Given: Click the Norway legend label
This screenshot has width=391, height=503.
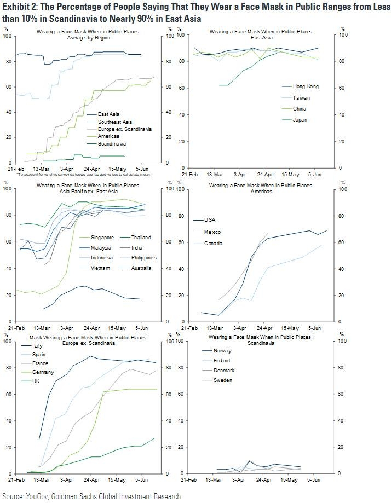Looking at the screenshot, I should pos(222,350).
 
